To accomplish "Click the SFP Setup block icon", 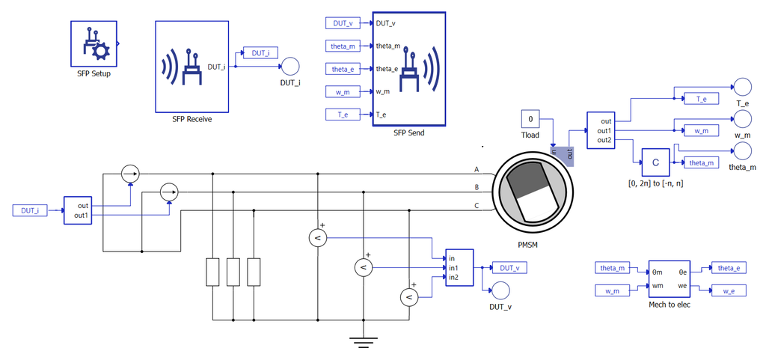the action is [94, 43].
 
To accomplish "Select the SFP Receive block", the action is [192, 66].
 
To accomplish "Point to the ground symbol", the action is [361, 341].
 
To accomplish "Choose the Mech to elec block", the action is [670, 279].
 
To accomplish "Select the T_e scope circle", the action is [743, 87].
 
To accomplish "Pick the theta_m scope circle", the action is [743, 151].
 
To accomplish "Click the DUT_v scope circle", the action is [500, 291].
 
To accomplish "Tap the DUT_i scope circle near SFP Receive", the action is [290, 66].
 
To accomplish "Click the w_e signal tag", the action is [729, 290].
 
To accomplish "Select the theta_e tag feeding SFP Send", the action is [343, 69].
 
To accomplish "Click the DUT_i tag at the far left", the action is [30, 210].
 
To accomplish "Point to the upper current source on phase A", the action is [130, 174].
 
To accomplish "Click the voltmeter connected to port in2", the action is [409, 296].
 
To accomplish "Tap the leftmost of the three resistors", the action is [213, 272].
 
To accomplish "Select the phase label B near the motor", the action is [477, 187].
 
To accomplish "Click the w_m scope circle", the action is [743, 119].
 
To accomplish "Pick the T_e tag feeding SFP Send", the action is [343, 115].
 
